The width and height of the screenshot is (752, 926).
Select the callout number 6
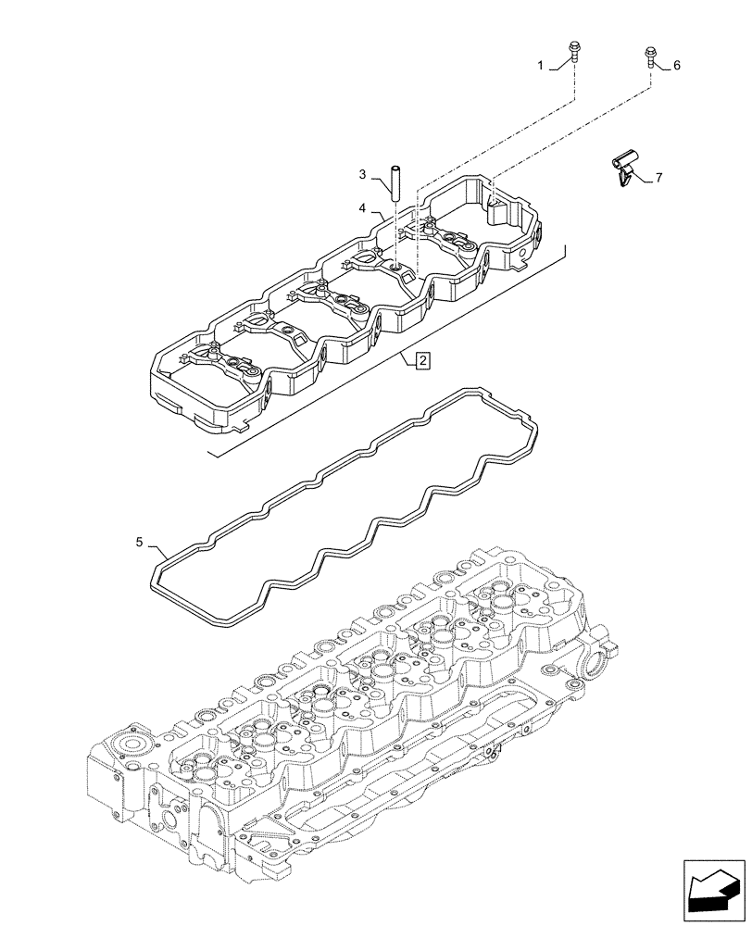click(677, 66)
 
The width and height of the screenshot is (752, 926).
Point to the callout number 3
click(364, 174)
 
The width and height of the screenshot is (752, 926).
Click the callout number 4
click(364, 208)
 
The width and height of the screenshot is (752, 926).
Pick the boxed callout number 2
click(421, 362)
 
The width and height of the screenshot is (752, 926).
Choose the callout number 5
click(139, 543)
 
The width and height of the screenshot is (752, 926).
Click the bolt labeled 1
click(573, 53)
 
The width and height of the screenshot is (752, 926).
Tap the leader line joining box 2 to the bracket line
click(408, 357)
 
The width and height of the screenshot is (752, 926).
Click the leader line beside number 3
click(379, 179)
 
